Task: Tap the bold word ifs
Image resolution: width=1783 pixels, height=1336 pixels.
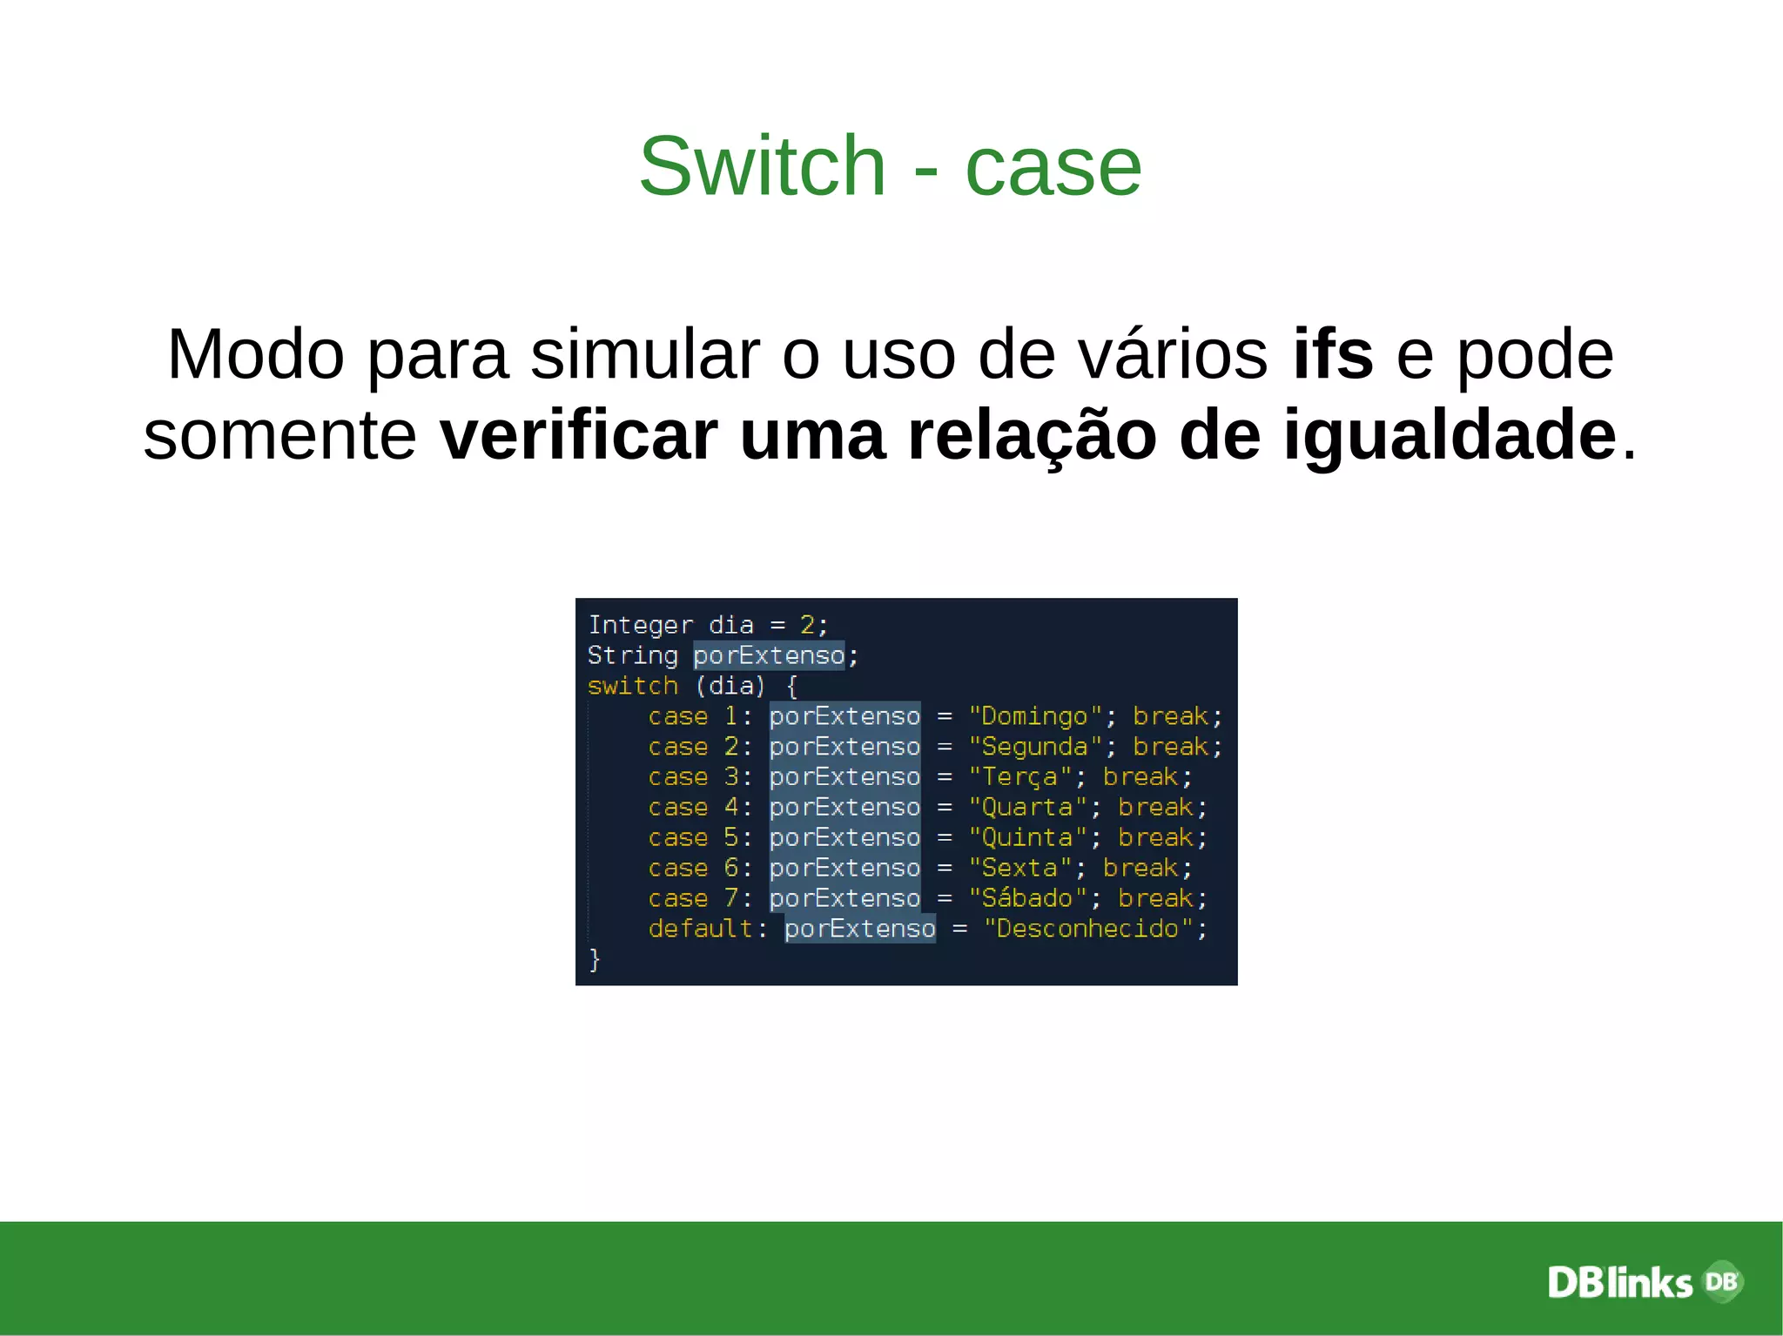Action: point(1333,354)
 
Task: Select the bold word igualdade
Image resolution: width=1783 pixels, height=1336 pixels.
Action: point(1450,434)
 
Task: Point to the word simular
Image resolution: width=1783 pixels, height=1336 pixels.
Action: point(645,354)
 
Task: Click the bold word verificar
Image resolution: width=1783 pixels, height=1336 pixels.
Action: point(578,434)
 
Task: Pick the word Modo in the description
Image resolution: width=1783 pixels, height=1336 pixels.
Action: point(255,354)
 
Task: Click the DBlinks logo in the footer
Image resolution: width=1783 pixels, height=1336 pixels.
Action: point(1644,1282)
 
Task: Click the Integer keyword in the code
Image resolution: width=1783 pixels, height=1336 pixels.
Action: point(640,625)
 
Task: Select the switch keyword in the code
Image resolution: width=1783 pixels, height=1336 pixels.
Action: point(632,686)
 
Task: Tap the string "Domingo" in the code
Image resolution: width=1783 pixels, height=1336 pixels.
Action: point(1034,716)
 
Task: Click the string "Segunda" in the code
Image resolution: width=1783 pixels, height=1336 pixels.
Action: point(1034,747)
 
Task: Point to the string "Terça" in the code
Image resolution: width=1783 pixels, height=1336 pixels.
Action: point(1019,776)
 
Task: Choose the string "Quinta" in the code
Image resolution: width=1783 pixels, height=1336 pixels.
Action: point(1027,837)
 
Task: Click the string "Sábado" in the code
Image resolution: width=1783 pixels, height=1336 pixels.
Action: point(1027,898)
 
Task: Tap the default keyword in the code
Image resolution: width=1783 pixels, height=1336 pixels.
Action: point(700,929)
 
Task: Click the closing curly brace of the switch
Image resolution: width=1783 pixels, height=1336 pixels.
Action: point(595,959)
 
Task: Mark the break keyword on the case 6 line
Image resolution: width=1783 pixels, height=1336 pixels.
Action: point(1140,868)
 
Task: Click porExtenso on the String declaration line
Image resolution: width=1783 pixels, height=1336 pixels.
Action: point(769,655)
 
